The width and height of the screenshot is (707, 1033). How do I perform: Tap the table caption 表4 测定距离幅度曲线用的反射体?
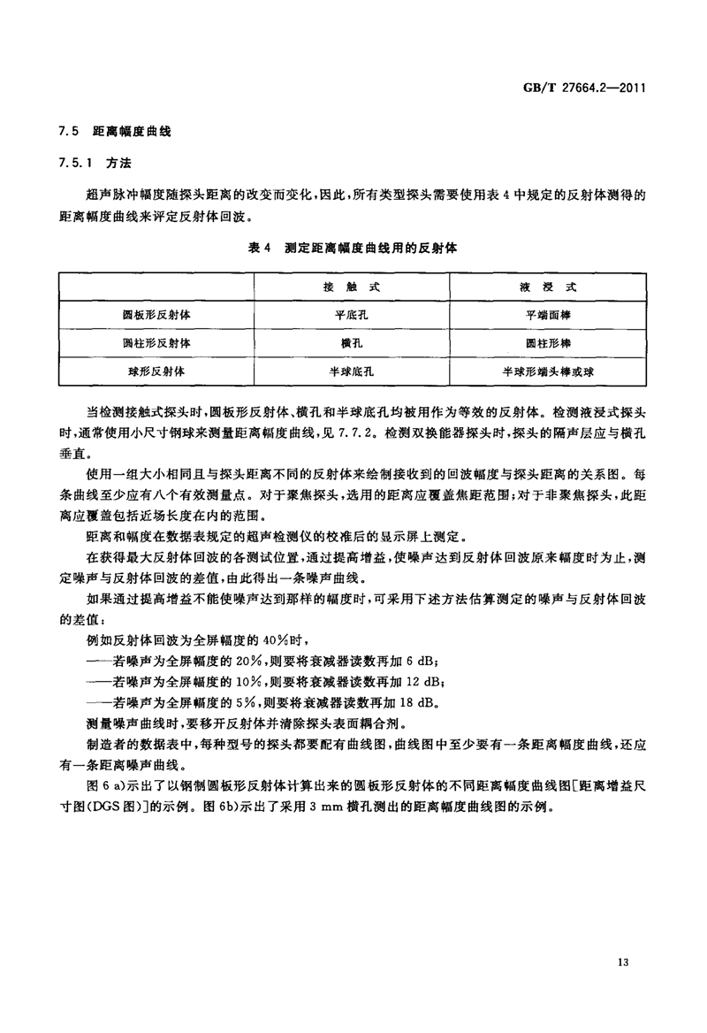(353, 250)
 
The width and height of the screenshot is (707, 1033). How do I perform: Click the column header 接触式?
(352, 288)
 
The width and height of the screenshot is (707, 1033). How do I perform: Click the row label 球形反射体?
(156, 372)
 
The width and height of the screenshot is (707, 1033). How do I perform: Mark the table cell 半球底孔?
(352, 372)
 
